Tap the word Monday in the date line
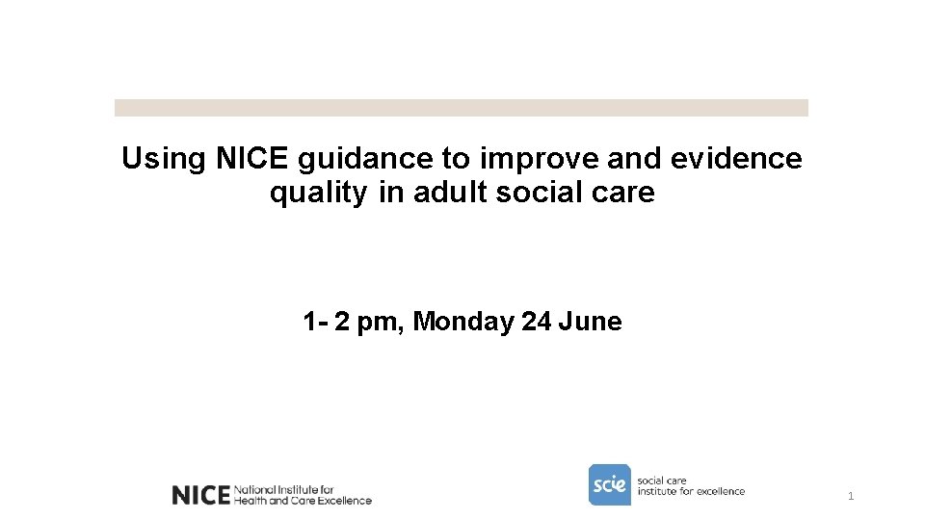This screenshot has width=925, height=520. click(463, 322)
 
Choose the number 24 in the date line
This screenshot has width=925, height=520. click(536, 322)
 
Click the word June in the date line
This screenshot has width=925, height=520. click(590, 322)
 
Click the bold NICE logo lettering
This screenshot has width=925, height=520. click(199, 495)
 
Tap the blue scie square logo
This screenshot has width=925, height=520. click(609, 484)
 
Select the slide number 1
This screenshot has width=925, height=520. click(851, 497)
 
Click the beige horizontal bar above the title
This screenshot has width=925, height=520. click(461, 108)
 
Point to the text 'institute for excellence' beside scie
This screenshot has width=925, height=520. click(691, 491)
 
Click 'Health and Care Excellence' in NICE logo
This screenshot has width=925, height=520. click(303, 501)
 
